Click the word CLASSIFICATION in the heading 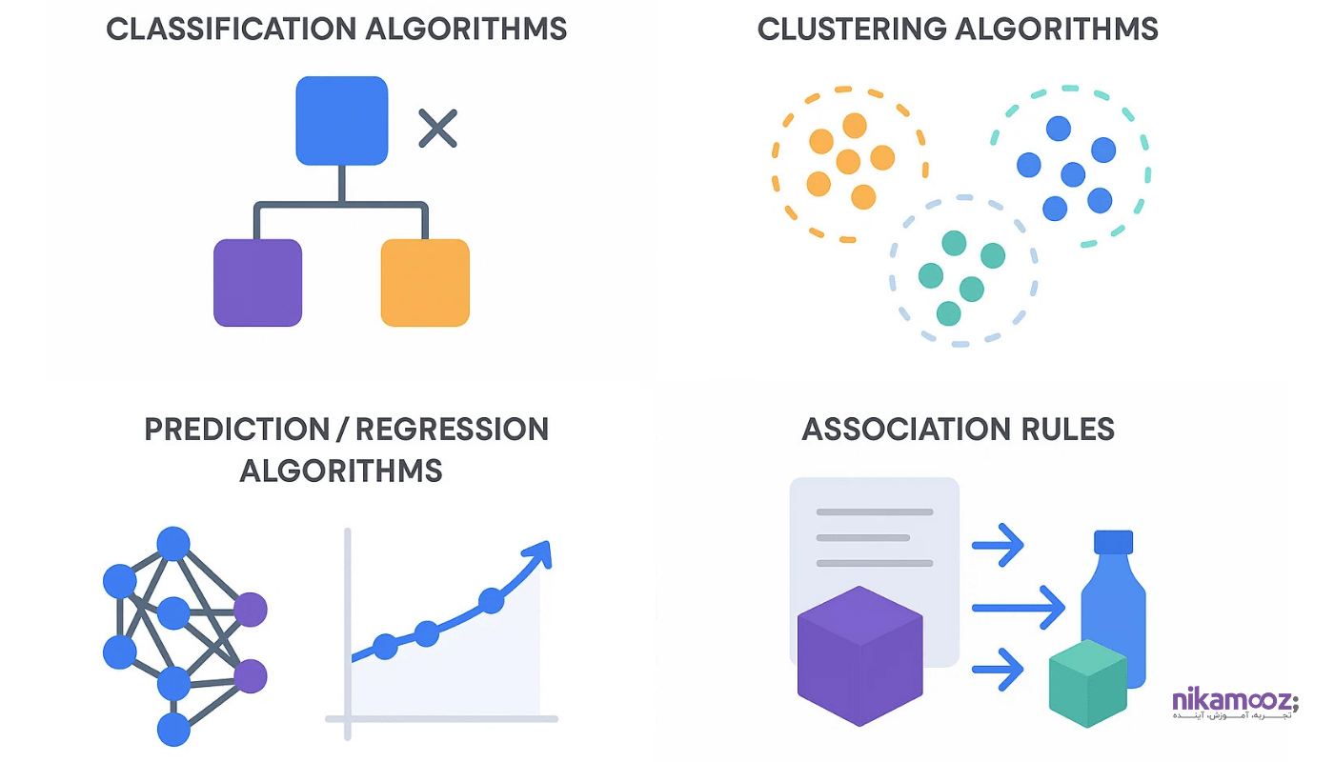point(224,29)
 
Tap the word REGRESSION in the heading point(453,430)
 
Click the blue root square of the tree point(342,121)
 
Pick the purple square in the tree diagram point(257,283)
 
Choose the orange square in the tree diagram point(425,283)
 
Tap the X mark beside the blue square point(438,129)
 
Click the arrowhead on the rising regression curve point(539,553)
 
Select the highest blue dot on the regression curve point(491,600)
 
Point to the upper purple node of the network point(251,609)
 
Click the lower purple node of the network point(251,675)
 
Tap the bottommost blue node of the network point(173,730)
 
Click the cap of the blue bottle point(1113,542)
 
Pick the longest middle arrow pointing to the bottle point(1018,608)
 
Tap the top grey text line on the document point(874,512)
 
